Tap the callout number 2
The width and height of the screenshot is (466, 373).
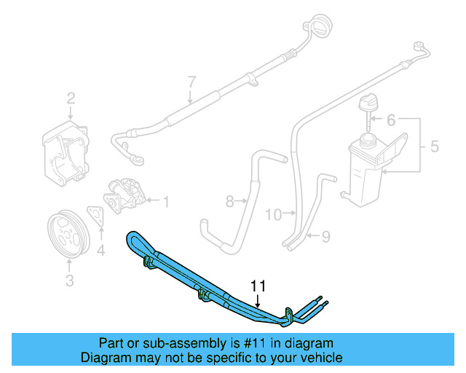tap(71, 98)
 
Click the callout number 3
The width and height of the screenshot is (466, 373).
tap(70, 280)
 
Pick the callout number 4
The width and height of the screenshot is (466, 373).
tap(101, 251)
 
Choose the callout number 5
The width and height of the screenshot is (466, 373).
tap(434, 146)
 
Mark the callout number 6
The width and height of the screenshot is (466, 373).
tap(390, 119)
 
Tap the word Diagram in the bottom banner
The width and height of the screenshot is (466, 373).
tap(106, 358)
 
